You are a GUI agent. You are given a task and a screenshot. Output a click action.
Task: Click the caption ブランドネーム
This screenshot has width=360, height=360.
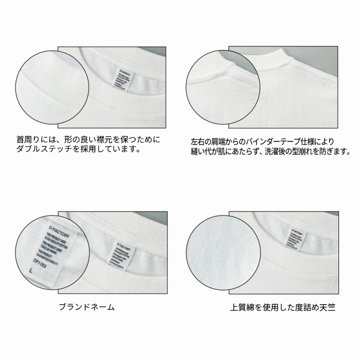point(87,308)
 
